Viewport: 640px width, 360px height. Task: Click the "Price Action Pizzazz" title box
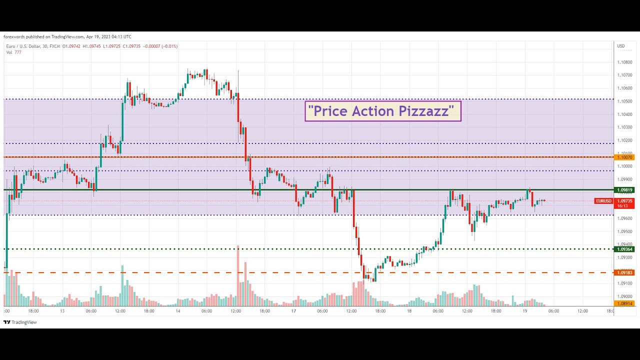[x=382, y=111]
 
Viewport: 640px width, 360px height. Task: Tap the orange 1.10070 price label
[x=625, y=157]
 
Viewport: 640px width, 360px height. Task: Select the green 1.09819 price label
[x=625, y=190]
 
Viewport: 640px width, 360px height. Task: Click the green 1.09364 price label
[x=625, y=249]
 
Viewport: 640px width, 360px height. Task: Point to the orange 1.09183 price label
[x=625, y=272]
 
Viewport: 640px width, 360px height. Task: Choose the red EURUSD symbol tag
[x=603, y=201]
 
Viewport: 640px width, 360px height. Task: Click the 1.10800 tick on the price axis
[x=624, y=62]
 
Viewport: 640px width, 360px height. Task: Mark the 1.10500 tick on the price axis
[x=624, y=101]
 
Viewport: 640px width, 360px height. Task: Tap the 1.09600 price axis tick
[x=624, y=218]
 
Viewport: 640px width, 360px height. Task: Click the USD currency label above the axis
[x=621, y=46]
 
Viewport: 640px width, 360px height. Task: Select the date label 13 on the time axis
[x=62, y=311]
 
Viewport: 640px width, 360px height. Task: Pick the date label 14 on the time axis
[x=177, y=311]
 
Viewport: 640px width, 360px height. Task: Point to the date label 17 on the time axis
[x=293, y=311]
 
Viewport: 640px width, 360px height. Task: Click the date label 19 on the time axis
[x=524, y=311]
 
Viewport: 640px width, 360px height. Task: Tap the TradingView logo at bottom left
[x=20, y=322]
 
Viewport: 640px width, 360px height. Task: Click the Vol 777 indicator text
[x=13, y=52]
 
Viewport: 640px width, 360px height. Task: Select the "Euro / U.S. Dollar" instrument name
[x=23, y=46]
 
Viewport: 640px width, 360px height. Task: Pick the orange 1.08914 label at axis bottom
[x=625, y=303]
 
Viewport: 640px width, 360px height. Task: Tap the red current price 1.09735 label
[x=625, y=201]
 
